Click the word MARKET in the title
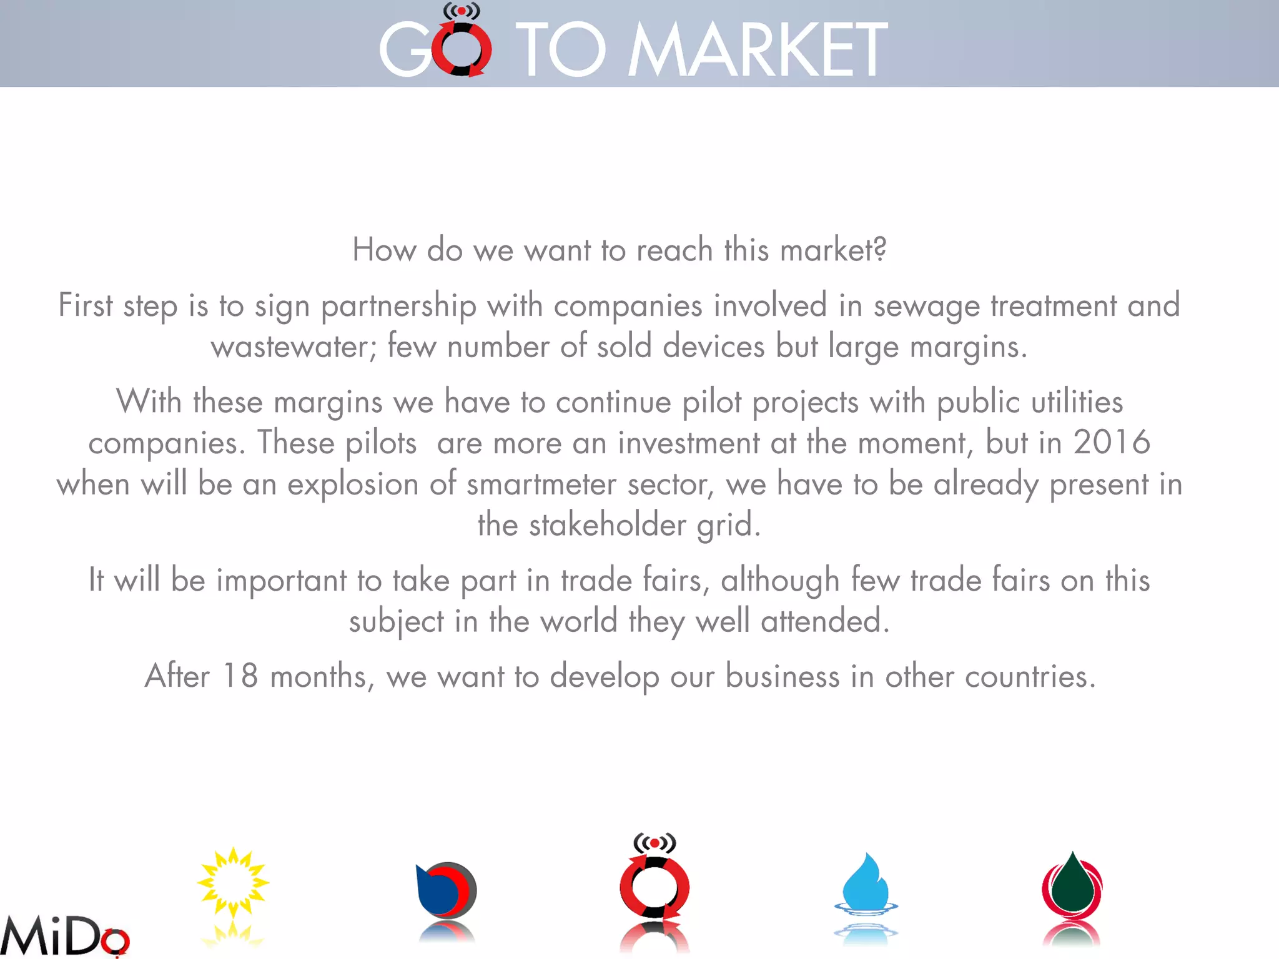pos(757,50)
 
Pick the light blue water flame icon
pos(866,883)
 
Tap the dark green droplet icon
pos(1072,886)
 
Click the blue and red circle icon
pos(446,889)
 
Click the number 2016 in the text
pos(1112,443)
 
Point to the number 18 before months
pos(240,676)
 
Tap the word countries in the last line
pos(1030,676)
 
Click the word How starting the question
pos(384,250)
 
